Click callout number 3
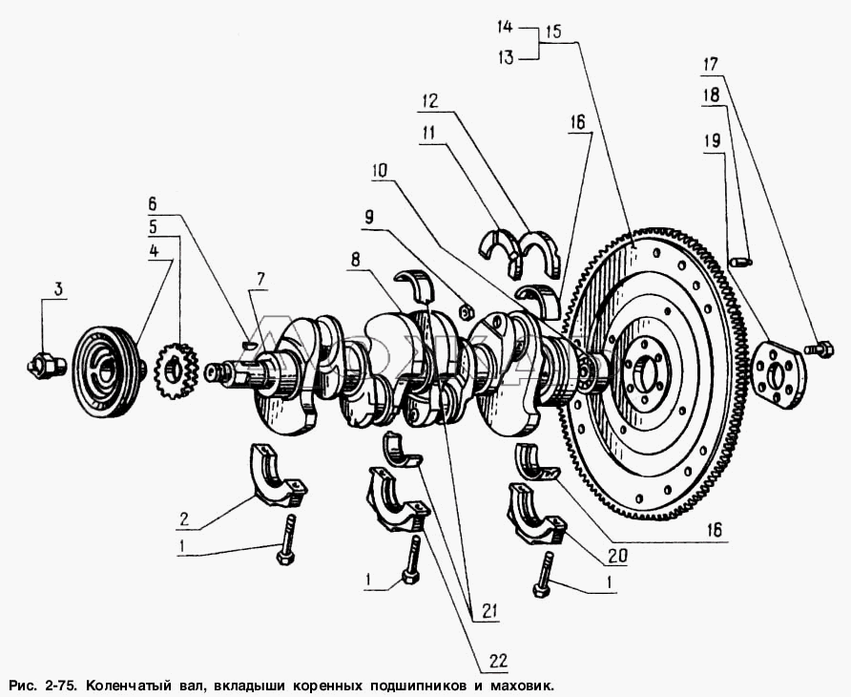pyautogui.click(x=57, y=289)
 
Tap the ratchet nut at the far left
pyautogui.click(x=47, y=364)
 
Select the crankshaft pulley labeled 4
pyautogui.click(x=109, y=371)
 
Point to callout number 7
pyautogui.click(x=260, y=280)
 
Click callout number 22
pyautogui.click(x=498, y=661)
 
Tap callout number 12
pyautogui.click(x=429, y=101)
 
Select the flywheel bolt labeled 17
pyautogui.click(x=820, y=348)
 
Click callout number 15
pyautogui.click(x=553, y=31)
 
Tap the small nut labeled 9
pyautogui.click(x=467, y=312)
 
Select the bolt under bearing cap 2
pyautogui.click(x=286, y=539)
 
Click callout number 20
pyautogui.click(x=618, y=556)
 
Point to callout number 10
pyautogui.click(x=380, y=171)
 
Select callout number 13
pyautogui.click(x=506, y=57)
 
